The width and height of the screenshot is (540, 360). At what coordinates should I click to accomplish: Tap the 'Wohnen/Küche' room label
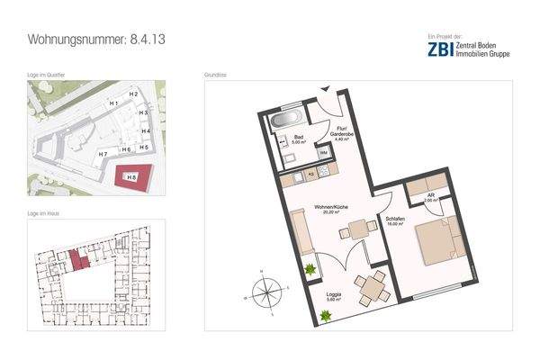click(x=330, y=210)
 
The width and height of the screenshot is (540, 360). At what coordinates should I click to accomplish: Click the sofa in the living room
click(x=300, y=234)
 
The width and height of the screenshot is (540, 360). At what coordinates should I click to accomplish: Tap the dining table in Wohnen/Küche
click(x=358, y=230)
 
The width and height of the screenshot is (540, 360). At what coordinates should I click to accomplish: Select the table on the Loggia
click(x=370, y=287)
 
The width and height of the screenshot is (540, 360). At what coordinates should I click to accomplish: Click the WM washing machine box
click(x=322, y=154)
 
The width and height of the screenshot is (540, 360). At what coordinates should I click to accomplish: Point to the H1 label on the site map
click(x=113, y=104)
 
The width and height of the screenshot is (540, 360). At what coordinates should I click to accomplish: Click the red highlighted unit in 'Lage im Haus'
click(x=76, y=258)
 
